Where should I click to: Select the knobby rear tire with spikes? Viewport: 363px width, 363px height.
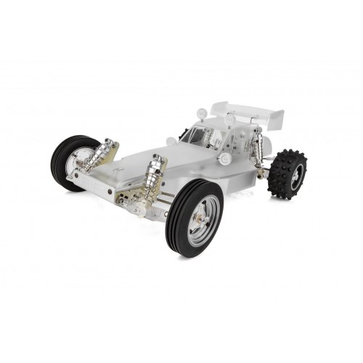coord(287,174)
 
